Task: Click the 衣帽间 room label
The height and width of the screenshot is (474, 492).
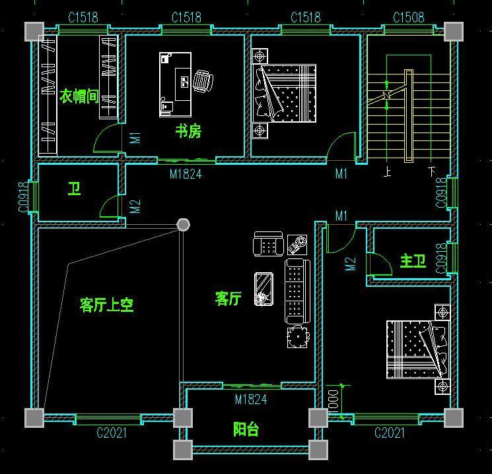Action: pos(79,96)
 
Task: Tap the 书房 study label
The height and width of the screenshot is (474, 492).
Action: pos(188,131)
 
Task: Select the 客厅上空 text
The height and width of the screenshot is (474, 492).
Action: pos(107,305)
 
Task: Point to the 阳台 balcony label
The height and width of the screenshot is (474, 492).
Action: pos(246,429)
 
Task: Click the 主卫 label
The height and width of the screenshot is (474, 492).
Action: pos(413,261)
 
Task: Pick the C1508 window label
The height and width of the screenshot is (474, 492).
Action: pos(409,17)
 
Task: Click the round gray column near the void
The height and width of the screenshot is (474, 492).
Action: pos(183,225)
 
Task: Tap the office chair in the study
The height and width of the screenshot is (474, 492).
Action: pos(203,81)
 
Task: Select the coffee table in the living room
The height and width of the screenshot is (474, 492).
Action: pos(264,289)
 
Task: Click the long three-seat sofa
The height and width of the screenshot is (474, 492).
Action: pos(297,291)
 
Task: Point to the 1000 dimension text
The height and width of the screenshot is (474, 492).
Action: pos(333,400)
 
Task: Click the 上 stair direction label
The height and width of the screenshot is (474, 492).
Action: pos(388,172)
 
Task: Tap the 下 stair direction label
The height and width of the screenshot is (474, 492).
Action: pos(432,171)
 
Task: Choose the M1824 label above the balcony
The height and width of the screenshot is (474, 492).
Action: pos(251,400)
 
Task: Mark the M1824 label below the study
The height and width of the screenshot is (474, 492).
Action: pos(186,174)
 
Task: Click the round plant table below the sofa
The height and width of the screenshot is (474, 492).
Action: pos(298,336)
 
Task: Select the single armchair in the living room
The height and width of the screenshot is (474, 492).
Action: pos(268,244)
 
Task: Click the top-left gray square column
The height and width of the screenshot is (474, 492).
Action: pos(34,32)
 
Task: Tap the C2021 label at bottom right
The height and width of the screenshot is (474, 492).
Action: pos(390,433)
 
